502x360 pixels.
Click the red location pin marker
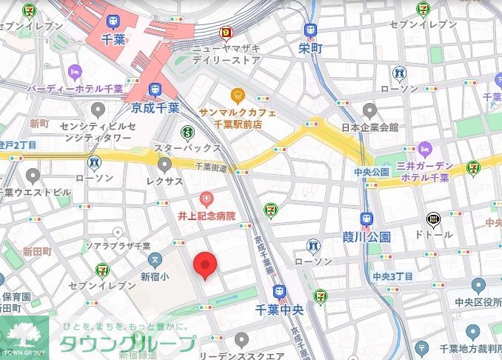click(205, 264)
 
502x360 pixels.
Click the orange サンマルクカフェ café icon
click(237, 94)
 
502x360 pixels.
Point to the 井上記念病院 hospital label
click(207, 216)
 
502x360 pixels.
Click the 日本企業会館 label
click(369, 128)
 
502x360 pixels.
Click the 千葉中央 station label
click(278, 307)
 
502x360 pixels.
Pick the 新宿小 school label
click(155, 276)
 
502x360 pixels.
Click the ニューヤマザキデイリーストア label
click(226, 54)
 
